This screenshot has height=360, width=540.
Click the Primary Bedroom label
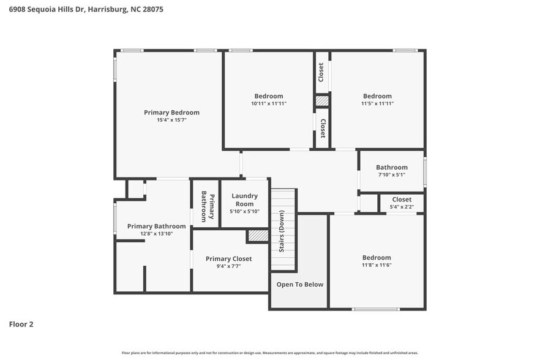171,112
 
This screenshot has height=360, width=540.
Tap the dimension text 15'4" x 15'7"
171,120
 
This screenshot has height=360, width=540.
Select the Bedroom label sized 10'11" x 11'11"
269,96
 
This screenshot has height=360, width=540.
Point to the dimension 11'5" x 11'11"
377,103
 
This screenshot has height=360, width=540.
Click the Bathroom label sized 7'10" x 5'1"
391,167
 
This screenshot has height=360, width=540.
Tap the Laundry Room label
244,200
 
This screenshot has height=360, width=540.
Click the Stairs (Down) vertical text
282,231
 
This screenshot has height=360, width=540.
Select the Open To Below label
300,284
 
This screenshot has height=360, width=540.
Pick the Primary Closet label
228,258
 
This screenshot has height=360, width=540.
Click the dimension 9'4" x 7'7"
228,266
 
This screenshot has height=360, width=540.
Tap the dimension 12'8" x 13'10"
156,234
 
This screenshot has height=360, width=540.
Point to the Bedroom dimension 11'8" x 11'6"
377,265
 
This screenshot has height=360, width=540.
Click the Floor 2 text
21,324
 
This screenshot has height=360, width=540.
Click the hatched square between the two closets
322,101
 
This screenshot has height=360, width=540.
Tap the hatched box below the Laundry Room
258,235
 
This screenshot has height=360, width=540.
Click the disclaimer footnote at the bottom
269,353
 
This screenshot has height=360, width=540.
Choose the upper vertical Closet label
321,72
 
